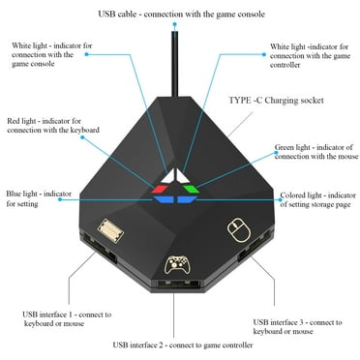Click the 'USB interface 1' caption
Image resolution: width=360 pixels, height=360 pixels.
pos(68,320)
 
